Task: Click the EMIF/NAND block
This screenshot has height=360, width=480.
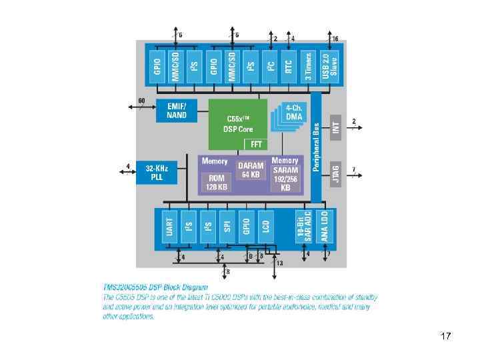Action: coord(176,111)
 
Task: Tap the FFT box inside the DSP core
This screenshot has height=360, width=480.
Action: coord(255,143)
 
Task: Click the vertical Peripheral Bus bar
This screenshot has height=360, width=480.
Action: coord(316,147)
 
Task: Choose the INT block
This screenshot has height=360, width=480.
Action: coord(336,125)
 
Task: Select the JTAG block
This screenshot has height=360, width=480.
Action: coord(336,171)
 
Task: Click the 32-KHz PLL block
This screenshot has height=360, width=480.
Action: coord(157,173)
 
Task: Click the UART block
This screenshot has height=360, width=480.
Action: coord(170,228)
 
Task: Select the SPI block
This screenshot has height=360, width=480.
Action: coord(227,228)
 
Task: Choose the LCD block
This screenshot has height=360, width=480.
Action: coord(265,228)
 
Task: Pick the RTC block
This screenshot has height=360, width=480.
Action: coord(289,66)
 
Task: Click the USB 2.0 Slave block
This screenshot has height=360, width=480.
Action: coord(329,66)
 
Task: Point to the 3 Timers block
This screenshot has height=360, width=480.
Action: coord(308,66)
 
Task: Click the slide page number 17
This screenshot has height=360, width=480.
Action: coord(446,336)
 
